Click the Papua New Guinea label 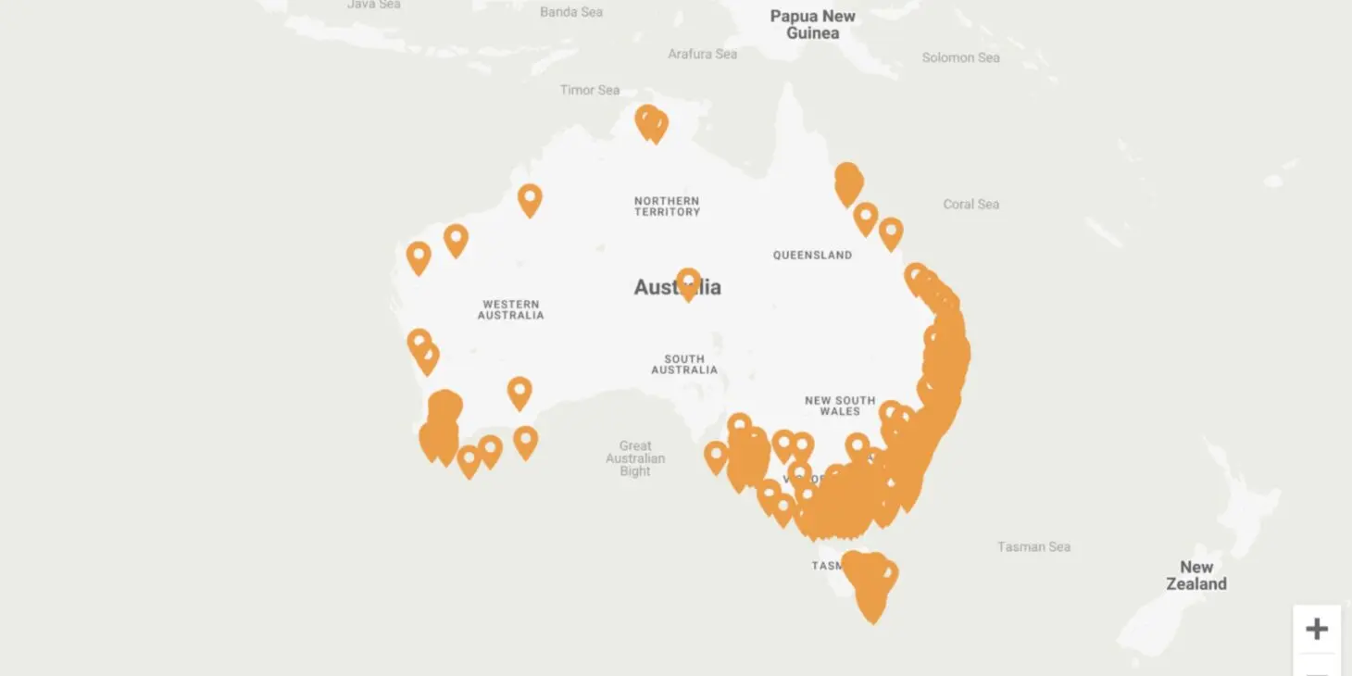pyautogui.click(x=812, y=24)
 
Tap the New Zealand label pyautogui.click(x=1196, y=575)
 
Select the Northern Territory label pyautogui.click(x=667, y=206)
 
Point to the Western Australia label pyautogui.click(x=510, y=309)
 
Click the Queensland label pyautogui.click(x=812, y=255)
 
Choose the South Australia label pyautogui.click(x=684, y=364)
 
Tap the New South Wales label pyautogui.click(x=839, y=406)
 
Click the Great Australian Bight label pyautogui.click(x=635, y=458)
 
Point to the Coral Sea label pyautogui.click(x=970, y=204)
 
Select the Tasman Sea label pyautogui.click(x=1033, y=546)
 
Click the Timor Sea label pyautogui.click(x=590, y=90)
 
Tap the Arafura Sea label pyautogui.click(x=703, y=54)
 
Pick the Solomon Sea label pyautogui.click(x=960, y=57)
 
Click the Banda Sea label pyautogui.click(x=571, y=12)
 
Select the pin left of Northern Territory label pyautogui.click(x=530, y=198)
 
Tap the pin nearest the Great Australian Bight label pyautogui.click(x=716, y=456)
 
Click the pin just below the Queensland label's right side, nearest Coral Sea pyautogui.click(x=891, y=232)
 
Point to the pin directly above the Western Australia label pyautogui.click(x=456, y=239)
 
